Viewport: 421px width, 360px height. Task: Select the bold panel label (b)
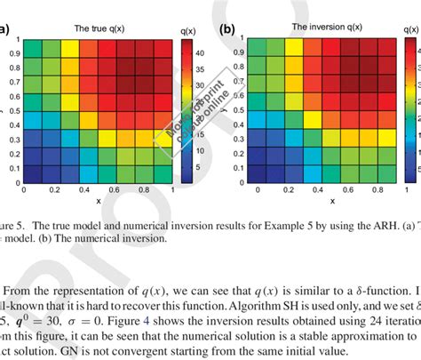point(227,28)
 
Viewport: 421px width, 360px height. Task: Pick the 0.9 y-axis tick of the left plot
point(14,53)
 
